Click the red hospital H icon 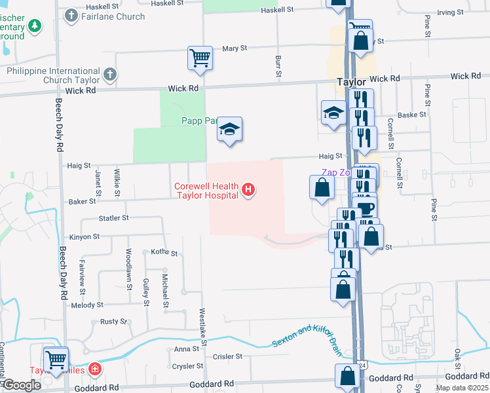pyautogui.click(x=248, y=191)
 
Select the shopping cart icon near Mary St pyautogui.click(x=200, y=57)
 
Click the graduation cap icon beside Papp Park pyautogui.click(x=230, y=130)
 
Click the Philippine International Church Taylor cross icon pyautogui.click(x=109, y=75)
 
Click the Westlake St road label pyautogui.click(x=203, y=327)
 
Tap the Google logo pyautogui.click(x=22, y=384)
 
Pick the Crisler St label pyautogui.click(x=229, y=357)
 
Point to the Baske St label pyautogui.click(x=412, y=115)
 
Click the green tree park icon pyautogui.click(x=35, y=27)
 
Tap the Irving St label pyautogui.click(x=450, y=12)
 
